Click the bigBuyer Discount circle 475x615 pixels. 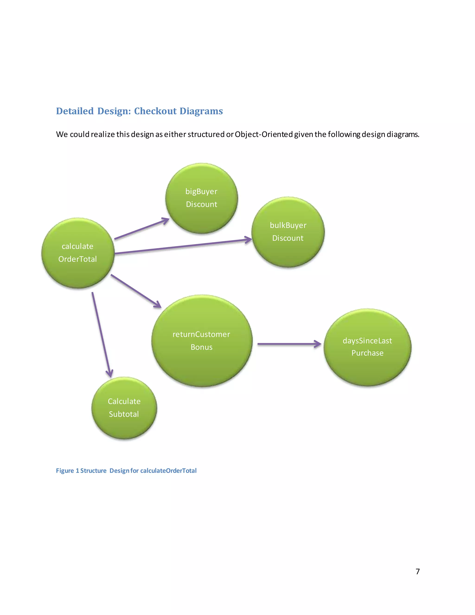202,198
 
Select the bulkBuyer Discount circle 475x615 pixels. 288,232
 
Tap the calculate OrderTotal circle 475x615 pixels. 78,253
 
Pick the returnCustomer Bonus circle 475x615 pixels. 202,341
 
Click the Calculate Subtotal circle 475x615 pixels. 124,408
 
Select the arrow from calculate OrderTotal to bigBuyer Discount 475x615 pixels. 141,229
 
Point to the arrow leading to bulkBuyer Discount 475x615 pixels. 183,247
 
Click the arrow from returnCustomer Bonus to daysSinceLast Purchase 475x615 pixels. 289,344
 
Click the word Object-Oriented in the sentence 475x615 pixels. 264,134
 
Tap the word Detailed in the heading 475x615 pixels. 75,111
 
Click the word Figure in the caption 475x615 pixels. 65,471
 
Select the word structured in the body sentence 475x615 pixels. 206,134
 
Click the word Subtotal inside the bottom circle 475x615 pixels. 124,414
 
